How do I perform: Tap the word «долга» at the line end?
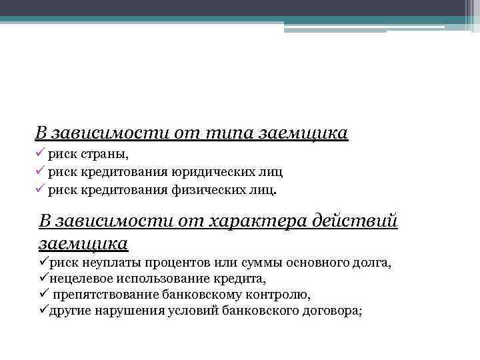coord(373,263)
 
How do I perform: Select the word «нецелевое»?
coord(76,279)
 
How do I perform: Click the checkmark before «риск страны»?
coord(40,155)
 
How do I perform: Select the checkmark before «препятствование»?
coord(43,294)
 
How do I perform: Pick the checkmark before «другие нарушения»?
coord(43,310)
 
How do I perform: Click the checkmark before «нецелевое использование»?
coord(43,278)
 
